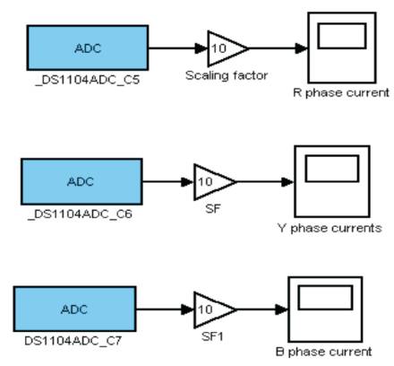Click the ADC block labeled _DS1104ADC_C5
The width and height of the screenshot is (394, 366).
tap(88, 48)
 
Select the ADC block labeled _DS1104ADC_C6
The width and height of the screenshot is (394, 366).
tap(81, 181)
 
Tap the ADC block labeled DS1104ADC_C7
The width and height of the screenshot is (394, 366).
tap(74, 309)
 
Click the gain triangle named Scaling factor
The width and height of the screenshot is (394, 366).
tap(227, 48)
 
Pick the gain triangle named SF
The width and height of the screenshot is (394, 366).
tap(214, 181)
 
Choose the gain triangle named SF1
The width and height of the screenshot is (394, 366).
tap(214, 309)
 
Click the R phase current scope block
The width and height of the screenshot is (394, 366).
tap(342, 48)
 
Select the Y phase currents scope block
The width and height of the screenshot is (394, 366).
tap(332, 181)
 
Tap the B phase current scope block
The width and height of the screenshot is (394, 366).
tap(325, 309)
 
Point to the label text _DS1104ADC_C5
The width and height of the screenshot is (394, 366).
tap(88, 80)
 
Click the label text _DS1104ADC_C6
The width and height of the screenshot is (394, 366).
tap(80, 214)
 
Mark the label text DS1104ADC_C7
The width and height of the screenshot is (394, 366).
tap(73, 341)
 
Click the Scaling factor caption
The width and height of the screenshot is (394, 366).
tap(227, 75)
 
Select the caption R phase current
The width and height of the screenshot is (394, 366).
tap(341, 92)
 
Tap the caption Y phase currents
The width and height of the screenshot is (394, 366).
tap(330, 228)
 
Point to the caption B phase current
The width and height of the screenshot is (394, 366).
tap(324, 352)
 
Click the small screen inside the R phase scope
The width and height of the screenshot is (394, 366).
tap(342, 36)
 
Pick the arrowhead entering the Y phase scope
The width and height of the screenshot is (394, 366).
tap(287, 181)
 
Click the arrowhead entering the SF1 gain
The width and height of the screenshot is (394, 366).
tap(188, 309)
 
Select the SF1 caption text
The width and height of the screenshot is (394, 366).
tap(212, 337)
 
